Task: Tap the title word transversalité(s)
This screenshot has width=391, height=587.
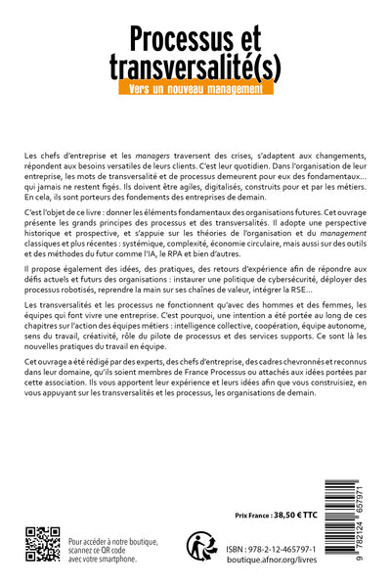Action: pyautogui.click(x=195, y=67)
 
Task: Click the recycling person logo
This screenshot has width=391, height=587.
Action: pyautogui.click(x=201, y=546)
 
